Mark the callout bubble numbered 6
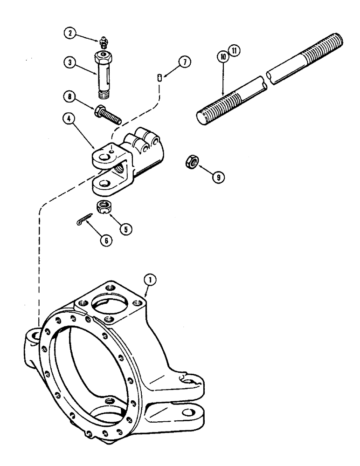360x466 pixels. click(x=106, y=240)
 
